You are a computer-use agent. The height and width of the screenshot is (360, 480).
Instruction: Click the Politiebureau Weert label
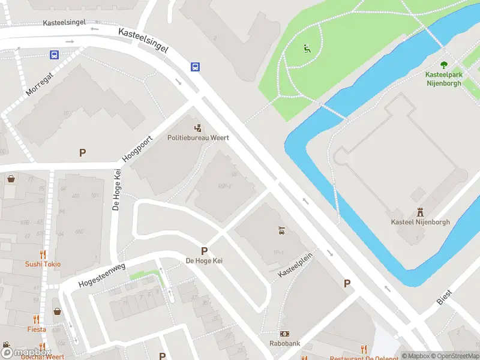[x=198, y=137]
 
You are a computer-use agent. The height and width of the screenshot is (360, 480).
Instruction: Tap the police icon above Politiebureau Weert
[x=198, y=127]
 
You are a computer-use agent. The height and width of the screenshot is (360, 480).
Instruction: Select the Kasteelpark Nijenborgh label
[x=443, y=79]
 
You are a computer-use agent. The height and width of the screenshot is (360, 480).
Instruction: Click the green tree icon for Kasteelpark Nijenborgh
[x=444, y=65]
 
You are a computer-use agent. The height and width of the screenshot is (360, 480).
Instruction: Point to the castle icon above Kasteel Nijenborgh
[x=420, y=212]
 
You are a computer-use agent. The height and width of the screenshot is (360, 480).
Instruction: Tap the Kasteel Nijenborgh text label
[x=420, y=223]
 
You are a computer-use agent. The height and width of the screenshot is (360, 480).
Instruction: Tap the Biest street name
[x=445, y=296]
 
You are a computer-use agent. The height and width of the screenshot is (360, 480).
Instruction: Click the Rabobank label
[x=284, y=344]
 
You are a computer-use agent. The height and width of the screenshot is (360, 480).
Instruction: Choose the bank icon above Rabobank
[x=284, y=334]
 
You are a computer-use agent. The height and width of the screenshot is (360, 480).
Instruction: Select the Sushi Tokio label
[x=43, y=264]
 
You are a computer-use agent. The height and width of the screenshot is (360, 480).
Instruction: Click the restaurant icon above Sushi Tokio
[x=43, y=254]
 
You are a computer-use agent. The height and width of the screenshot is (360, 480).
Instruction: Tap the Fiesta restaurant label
[x=36, y=329]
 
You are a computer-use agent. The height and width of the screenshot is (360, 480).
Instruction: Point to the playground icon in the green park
[x=307, y=48]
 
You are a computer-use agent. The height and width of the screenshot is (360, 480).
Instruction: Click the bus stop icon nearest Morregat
[x=54, y=55]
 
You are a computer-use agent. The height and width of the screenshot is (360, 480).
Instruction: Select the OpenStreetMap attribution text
[x=454, y=356]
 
